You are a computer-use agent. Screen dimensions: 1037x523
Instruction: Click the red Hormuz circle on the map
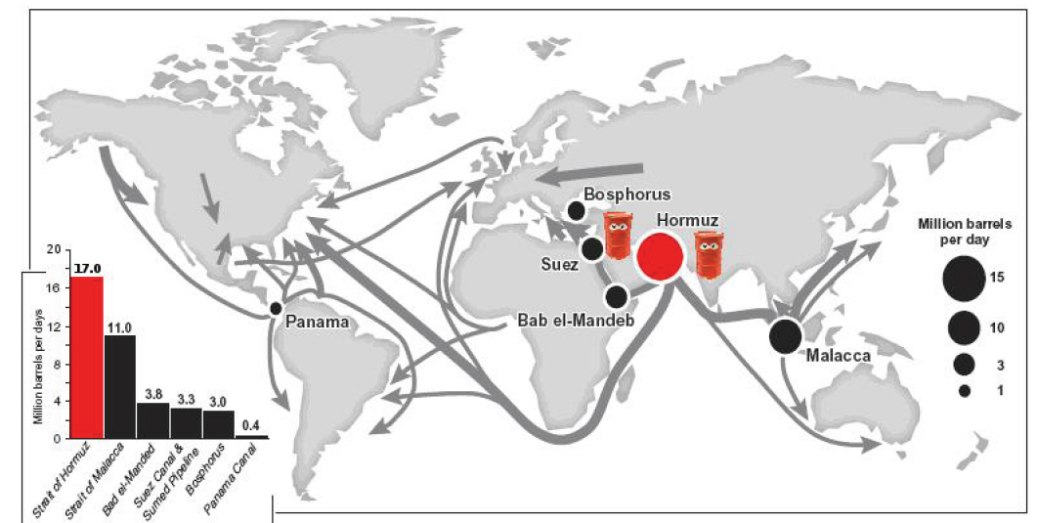659,255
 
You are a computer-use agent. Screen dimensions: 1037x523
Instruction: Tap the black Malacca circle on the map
786,335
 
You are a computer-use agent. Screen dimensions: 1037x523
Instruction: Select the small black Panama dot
276,309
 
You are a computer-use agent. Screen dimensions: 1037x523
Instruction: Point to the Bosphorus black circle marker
576,210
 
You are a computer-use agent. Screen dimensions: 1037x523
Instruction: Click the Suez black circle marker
591,248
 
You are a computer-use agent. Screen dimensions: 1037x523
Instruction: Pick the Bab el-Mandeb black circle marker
617,295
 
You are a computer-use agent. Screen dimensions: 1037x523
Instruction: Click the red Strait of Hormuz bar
87,357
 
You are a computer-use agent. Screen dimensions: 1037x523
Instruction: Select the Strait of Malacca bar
120,386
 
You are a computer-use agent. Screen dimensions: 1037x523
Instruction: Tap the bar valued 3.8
152,420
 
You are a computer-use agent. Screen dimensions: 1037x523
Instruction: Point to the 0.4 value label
251,426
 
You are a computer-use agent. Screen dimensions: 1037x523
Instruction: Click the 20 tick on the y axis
55,251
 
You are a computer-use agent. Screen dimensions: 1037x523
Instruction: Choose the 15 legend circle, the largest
964,279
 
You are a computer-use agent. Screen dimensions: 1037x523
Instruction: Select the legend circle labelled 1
964,390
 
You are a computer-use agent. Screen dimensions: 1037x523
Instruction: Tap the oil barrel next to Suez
617,236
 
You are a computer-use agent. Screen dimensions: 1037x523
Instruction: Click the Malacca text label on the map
838,357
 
